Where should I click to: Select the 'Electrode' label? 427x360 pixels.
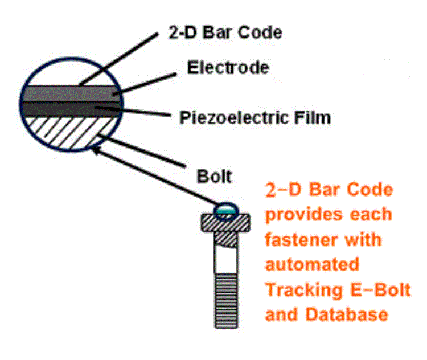[228, 68]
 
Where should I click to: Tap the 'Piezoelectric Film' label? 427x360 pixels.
[254, 118]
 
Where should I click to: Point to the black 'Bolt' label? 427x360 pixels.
[214, 175]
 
